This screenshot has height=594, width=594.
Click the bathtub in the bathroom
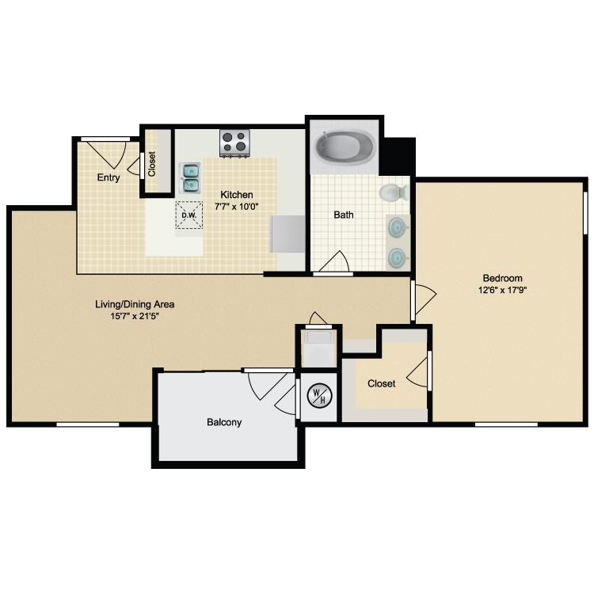[345, 148]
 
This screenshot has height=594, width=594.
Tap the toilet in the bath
[394, 192]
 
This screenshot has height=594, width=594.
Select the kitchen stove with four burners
[235, 143]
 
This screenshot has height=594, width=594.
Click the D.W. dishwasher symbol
[189, 215]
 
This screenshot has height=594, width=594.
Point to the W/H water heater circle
[319, 395]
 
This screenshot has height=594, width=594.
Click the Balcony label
[224, 422]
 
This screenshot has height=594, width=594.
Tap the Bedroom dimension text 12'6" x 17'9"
[503, 290]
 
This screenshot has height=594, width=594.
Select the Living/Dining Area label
[135, 304]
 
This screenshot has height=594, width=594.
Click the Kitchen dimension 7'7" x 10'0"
[236, 207]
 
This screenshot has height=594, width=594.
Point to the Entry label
[109, 177]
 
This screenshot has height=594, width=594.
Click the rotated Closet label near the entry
[152, 164]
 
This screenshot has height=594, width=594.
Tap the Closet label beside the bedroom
[382, 383]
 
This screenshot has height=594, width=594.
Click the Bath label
[344, 215]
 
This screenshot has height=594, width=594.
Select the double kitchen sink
[190, 178]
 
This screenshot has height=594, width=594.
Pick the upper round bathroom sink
[398, 227]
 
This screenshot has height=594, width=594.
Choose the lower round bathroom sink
[398, 257]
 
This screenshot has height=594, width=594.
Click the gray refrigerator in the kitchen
[288, 234]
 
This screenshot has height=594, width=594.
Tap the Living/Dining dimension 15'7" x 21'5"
[135, 316]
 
